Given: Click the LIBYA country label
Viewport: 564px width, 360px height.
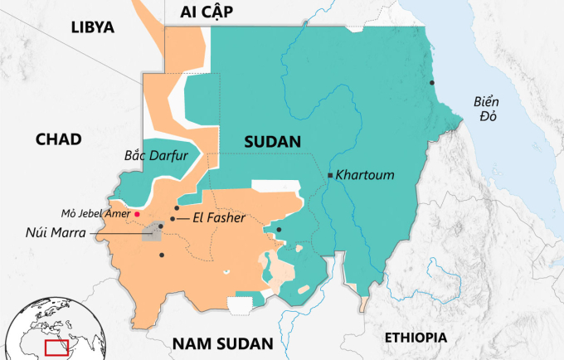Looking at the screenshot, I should click(x=91, y=27).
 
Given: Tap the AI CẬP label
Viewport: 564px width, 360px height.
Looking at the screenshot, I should click(x=207, y=11).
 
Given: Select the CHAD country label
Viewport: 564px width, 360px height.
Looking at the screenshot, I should click(x=58, y=139).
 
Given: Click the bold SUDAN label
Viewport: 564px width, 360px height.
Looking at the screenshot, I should click(x=271, y=142).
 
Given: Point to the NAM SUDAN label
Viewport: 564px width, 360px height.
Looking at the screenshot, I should click(x=221, y=343).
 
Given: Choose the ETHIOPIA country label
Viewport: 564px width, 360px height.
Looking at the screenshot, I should click(x=416, y=338).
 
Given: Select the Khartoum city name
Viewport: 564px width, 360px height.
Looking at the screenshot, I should click(x=365, y=176).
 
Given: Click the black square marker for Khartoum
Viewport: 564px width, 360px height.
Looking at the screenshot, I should click(x=330, y=176).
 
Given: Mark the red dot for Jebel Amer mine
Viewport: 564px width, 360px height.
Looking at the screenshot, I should click(x=137, y=214).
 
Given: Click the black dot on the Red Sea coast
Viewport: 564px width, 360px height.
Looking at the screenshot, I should click(x=431, y=82).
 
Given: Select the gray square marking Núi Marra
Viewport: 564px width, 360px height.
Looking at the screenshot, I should click(x=152, y=231).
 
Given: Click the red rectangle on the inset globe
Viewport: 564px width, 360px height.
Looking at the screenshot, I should click(x=56, y=347).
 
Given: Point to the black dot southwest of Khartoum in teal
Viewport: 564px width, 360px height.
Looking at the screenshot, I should click(x=279, y=230).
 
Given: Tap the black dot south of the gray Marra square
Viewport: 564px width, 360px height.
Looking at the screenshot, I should click(x=162, y=255).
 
